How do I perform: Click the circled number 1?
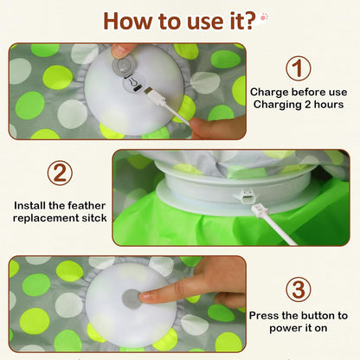(x=299, y=67)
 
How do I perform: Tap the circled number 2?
(x=60, y=172)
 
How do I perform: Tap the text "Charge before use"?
(x=299, y=92)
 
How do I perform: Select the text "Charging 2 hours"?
(x=299, y=105)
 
